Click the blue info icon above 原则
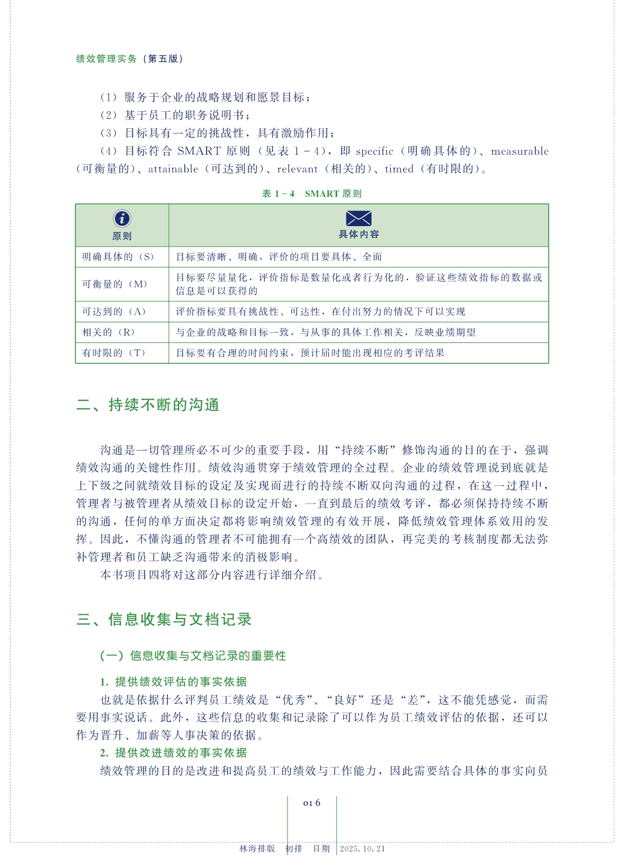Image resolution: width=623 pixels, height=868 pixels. coord(122,218)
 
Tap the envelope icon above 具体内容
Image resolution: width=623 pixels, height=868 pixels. coord(358,218)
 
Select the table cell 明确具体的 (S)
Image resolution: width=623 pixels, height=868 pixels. coord(118,257)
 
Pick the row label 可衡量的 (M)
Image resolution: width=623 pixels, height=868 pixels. coord(115,284)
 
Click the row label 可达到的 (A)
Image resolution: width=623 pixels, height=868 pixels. coord(114,312)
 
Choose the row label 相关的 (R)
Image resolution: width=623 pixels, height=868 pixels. coord(109,332)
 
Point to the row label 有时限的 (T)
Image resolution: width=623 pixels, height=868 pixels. coord(114,353)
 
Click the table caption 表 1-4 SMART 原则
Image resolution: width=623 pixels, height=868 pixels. coord(312,194)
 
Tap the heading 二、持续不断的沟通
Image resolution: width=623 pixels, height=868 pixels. coord(148,405)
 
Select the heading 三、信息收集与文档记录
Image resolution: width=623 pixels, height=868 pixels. coord(164,619)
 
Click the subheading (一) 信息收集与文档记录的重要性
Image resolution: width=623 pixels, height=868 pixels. coord(193,656)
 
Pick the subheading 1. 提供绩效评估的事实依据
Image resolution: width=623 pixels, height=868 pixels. coord(173,682)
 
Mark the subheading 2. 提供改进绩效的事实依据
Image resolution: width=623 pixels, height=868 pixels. coord(173,752)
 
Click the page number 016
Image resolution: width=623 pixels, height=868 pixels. coord(312,803)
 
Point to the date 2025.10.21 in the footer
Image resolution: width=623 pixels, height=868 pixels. coord(363,849)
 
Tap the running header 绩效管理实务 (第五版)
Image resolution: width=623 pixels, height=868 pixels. coord(129,59)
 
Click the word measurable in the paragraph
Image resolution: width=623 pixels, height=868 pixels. coord(520,151)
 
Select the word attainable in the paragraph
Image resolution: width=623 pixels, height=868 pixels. coord(173,169)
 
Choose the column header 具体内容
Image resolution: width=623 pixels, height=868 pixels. coord(359,234)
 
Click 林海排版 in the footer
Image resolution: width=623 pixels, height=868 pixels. coord(257,849)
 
